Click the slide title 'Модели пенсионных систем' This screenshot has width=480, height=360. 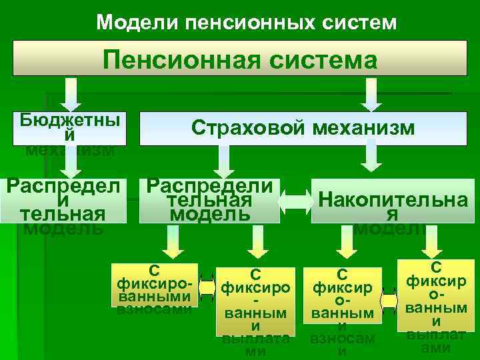pyautogui.click(x=246, y=23)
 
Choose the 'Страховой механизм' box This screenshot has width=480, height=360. pyautogui.click(x=303, y=128)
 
